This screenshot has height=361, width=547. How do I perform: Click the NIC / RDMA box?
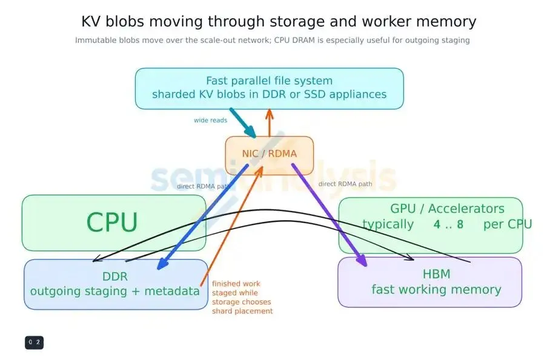(270, 155)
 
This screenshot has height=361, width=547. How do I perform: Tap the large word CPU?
(112, 223)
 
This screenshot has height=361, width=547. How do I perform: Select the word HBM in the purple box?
(436, 274)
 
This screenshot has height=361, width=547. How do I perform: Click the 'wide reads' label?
(210, 120)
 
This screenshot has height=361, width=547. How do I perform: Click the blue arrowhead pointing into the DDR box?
(162, 264)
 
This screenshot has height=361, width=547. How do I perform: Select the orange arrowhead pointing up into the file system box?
(269, 114)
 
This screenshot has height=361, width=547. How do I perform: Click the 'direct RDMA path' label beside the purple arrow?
(345, 184)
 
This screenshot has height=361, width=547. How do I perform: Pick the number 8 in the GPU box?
(460, 224)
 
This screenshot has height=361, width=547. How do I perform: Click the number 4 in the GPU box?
(437, 224)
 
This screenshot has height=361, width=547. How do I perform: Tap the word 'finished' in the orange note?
(226, 284)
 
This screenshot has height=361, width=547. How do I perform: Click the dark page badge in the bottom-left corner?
(34, 342)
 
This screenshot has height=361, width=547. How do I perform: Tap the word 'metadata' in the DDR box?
(172, 291)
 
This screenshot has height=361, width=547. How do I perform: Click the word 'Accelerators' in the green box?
(466, 209)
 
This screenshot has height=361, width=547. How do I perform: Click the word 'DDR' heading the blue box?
(114, 277)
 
